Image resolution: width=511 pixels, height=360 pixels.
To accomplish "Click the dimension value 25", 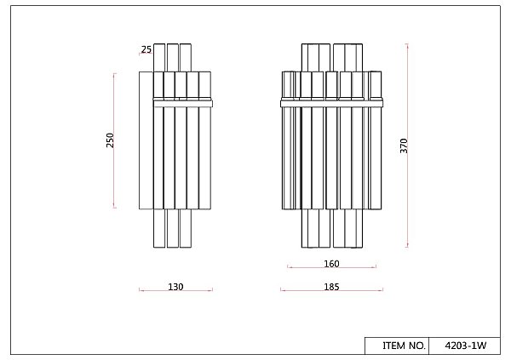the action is (146, 49).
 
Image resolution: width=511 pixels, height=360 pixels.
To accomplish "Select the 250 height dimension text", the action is (110, 140).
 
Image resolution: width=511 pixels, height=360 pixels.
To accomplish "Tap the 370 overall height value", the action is (404, 146).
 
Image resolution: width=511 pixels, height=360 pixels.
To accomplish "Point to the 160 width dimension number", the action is (331, 264).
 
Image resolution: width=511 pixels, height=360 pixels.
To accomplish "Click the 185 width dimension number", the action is (331, 287).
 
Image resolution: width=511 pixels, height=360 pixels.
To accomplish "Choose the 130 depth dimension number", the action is (175, 287).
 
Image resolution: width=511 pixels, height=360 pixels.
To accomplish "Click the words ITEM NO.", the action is (404, 346).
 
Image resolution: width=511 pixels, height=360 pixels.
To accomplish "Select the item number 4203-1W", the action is (465, 346).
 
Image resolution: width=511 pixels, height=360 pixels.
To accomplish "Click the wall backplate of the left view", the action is (146, 140).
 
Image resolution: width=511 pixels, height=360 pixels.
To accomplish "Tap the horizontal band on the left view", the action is (183, 104).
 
